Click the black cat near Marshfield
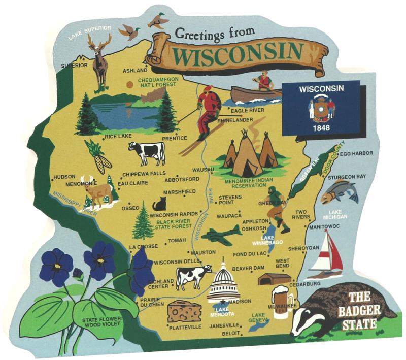[x=160, y=204]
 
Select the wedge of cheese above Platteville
[x=184, y=311]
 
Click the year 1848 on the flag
[x=321, y=127]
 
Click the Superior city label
[x=75, y=66]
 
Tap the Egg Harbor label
[x=356, y=153]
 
